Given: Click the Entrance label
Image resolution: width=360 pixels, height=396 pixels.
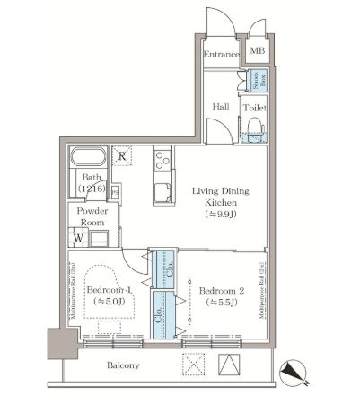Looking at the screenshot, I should pos(221,55).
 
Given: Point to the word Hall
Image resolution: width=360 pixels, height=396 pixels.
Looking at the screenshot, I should pos(220,107).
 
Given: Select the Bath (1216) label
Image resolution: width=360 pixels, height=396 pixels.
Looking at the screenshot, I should pos(90,184).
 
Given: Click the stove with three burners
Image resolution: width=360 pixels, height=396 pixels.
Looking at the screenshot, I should pos(163,162).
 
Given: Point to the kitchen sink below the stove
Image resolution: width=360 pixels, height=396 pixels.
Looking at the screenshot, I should pos(162,191).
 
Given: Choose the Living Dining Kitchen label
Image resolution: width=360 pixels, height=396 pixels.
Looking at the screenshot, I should pos(218,203).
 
